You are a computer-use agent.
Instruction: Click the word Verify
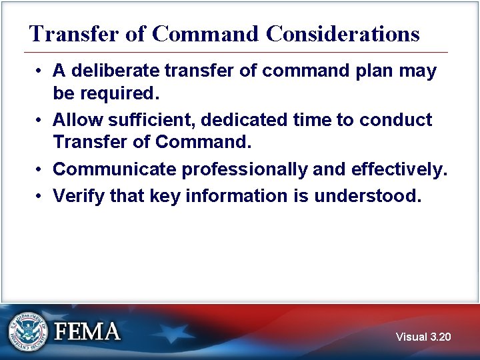pyautogui.click(x=75, y=195)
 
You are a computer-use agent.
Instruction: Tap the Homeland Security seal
pyautogui.click(x=28, y=331)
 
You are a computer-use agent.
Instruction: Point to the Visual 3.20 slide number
pyautogui.click(x=423, y=337)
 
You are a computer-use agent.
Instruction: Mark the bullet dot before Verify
pyautogui.click(x=41, y=196)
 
